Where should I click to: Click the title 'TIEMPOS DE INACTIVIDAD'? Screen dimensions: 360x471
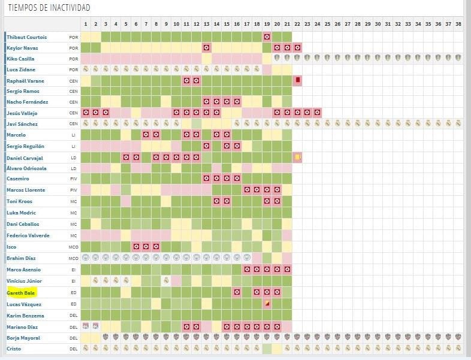[49, 8]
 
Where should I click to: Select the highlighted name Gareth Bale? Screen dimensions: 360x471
[22, 293]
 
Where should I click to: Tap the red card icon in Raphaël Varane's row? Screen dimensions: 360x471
[297, 80]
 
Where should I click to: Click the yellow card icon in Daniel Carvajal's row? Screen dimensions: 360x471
[297, 157]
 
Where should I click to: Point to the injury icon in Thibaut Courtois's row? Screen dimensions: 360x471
[267, 37]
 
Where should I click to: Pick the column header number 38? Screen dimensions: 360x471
[458, 24]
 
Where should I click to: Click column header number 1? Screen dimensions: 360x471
[86, 24]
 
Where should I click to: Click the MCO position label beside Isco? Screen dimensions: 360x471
[73, 247]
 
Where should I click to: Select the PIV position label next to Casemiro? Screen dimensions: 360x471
[73, 179]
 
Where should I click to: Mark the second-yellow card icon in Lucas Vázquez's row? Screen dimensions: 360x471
[267, 304]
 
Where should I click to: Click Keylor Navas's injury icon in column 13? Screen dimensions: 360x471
[206, 47]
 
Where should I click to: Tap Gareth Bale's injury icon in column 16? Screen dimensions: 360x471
[237, 292]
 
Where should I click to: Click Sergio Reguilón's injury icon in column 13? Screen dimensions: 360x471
[206, 146]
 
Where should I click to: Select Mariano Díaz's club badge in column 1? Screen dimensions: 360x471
[86, 326]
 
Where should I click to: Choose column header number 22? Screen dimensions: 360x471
[297, 24]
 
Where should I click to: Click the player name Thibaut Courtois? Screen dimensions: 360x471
[26, 37]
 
